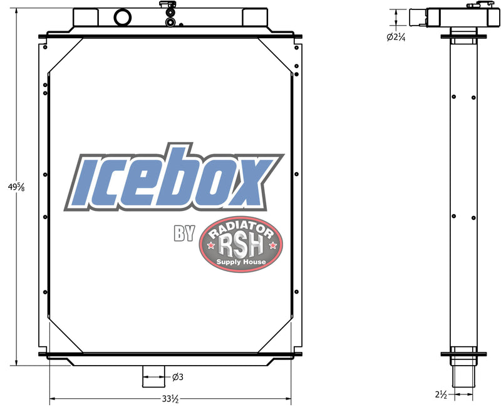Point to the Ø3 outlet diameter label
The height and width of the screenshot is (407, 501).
(x=177, y=376)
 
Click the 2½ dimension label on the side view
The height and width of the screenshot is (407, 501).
(x=441, y=394)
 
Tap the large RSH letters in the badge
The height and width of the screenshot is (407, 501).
(x=240, y=245)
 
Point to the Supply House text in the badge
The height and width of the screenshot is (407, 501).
(x=240, y=262)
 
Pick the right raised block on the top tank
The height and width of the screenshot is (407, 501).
(x=255, y=16)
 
